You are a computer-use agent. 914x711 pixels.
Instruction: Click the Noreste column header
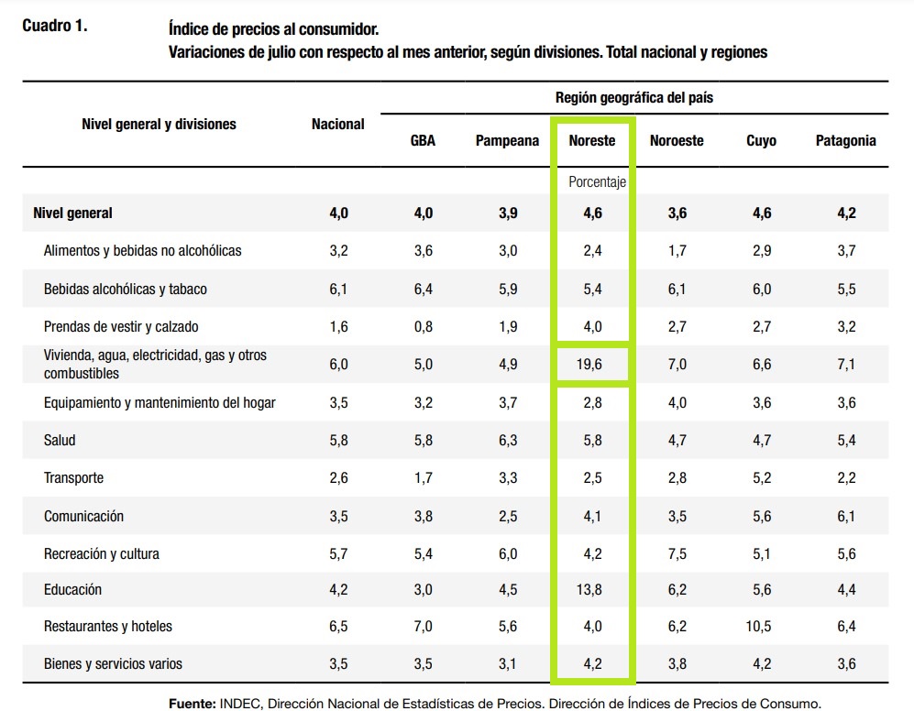tap(591, 141)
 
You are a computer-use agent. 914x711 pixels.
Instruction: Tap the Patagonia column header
tap(845, 141)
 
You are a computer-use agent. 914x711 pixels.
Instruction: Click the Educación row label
tap(72, 589)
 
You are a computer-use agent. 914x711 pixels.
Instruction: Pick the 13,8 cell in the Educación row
tap(592, 590)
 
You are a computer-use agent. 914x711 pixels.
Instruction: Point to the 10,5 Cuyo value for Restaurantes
tap(761, 627)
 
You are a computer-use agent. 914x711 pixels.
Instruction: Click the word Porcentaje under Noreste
tap(597, 182)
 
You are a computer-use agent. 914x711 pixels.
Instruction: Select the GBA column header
tap(423, 141)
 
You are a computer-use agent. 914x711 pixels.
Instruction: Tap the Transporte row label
tap(73, 478)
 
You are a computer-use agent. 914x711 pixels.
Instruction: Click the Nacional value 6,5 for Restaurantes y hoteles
tap(338, 627)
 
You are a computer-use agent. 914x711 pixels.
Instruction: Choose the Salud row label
tap(60, 441)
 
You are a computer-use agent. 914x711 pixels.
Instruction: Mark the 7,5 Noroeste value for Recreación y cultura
tap(677, 553)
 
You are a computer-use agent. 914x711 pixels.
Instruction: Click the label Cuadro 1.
tap(55, 27)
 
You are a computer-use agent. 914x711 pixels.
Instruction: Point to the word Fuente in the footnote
tap(191, 704)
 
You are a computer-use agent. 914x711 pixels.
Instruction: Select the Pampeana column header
tap(507, 141)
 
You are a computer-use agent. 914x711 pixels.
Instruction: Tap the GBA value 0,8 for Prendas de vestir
tap(423, 327)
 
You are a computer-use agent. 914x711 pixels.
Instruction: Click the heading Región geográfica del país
tap(633, 97)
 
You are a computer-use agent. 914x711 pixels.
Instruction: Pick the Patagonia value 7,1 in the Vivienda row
tap(845, 365)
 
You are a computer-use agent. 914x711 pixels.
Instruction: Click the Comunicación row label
tap(83, 516)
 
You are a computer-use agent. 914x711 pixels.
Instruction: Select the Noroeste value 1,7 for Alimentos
tap(677, 251)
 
